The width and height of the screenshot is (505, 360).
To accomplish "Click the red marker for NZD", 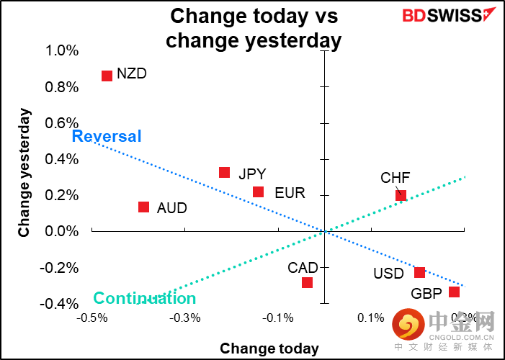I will point(107,76).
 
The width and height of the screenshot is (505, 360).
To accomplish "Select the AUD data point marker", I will point(143,207).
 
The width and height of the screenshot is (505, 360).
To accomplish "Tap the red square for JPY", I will point(224,173).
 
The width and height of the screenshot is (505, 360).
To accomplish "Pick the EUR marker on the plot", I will point(258,192).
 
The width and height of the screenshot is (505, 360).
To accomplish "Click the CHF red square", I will point(401,195).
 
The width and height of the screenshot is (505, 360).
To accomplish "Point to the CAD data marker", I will point(307,282).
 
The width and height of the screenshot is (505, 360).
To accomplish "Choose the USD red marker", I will point(419,272).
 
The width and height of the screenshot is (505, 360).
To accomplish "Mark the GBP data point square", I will point(454,292).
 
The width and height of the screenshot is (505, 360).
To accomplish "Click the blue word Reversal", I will point(107,136).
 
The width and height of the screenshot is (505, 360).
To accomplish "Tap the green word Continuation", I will point(145,298).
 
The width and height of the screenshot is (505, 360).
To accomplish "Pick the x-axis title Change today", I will point(269,348).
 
